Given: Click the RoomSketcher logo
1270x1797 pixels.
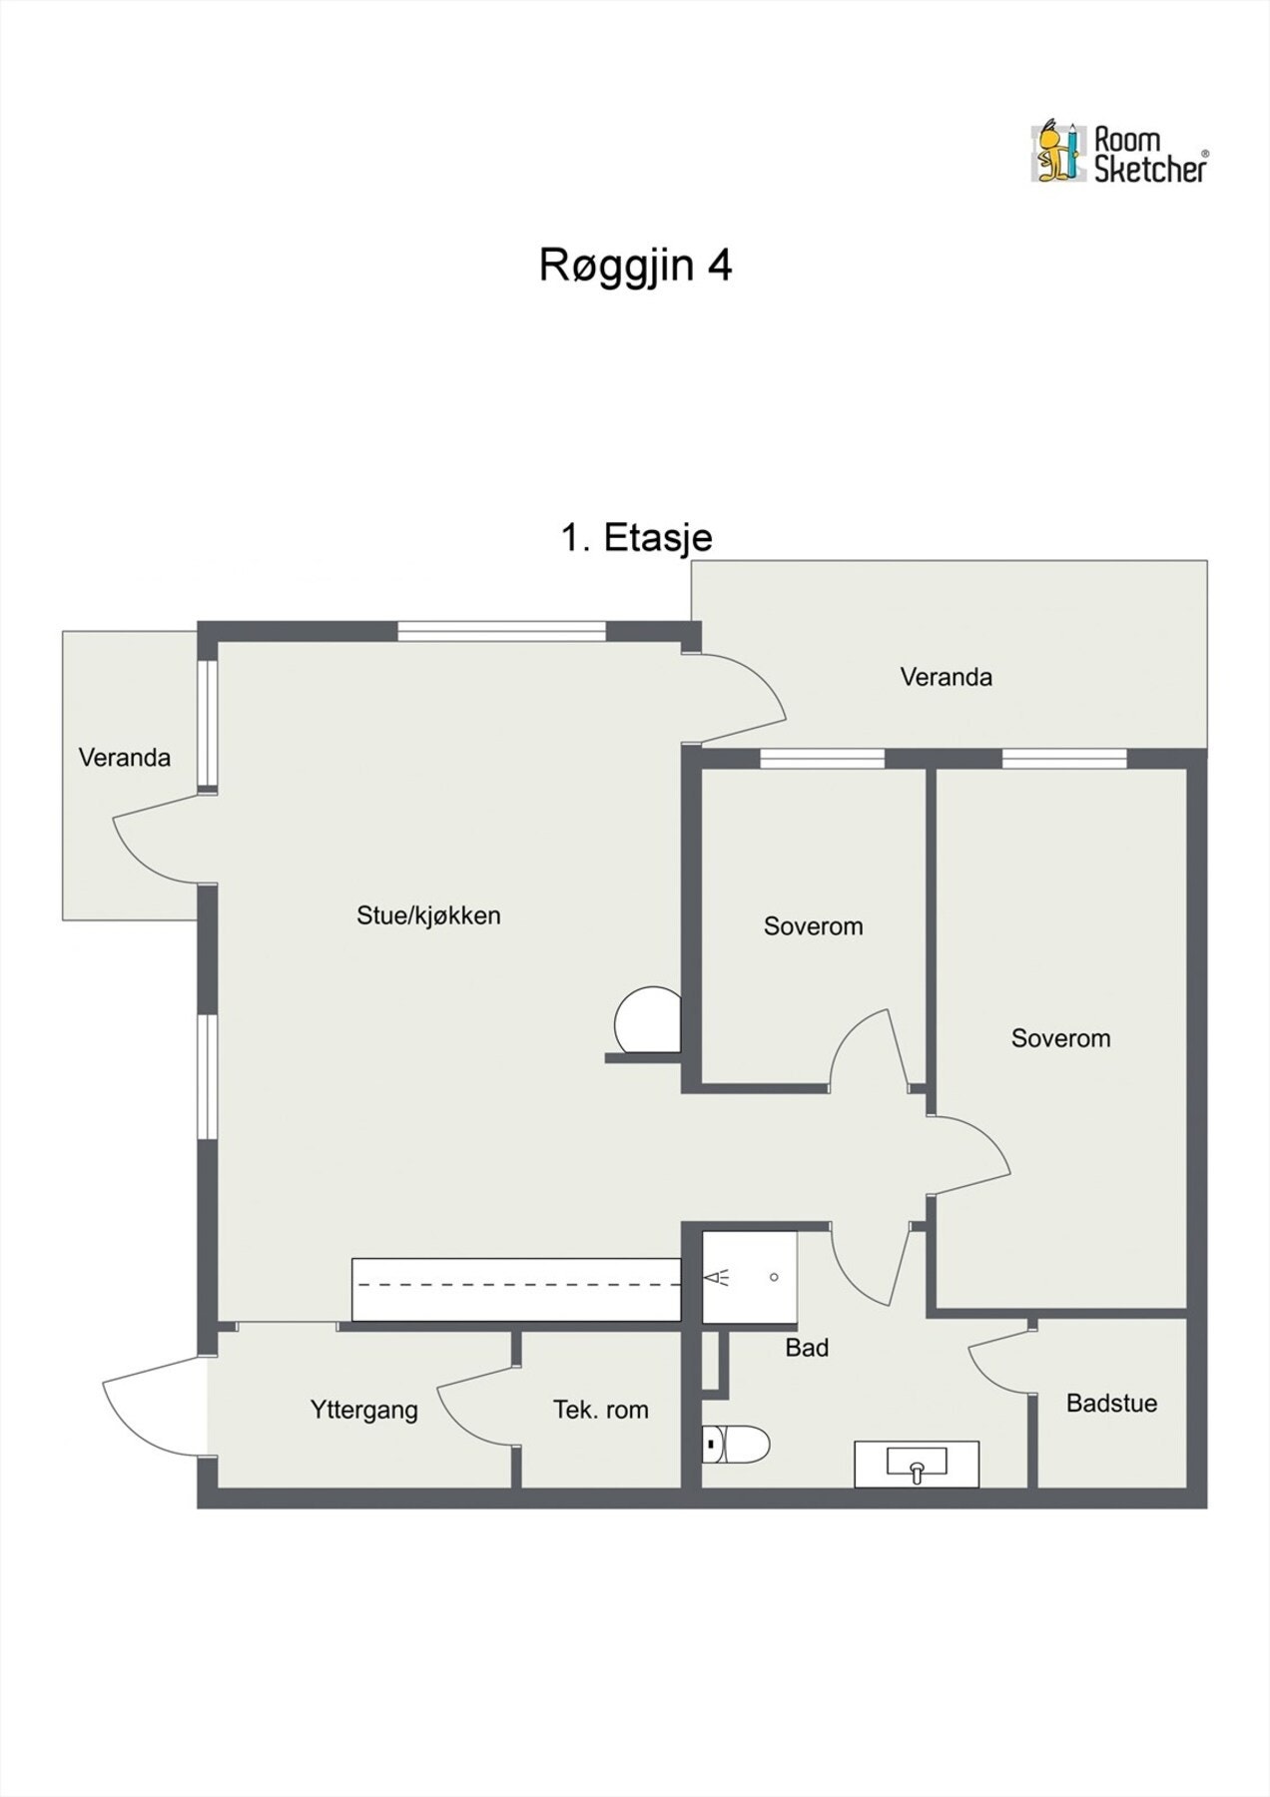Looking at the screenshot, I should tap(1118, 154).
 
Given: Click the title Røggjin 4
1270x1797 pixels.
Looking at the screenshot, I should tap(636, 266).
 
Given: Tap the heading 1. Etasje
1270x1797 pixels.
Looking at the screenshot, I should tap(636, 538).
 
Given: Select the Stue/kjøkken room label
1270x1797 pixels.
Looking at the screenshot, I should tap(428, 915).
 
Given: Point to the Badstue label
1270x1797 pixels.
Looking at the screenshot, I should tap(1111, 1403).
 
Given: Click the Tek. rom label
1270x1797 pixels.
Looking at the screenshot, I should tap(600, 1410).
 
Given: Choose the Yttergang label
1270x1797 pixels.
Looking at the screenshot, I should tap(363, 1410).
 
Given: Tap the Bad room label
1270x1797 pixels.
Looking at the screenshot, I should tap(807, 1348).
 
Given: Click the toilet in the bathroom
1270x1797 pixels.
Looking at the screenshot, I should tap(737, 1443).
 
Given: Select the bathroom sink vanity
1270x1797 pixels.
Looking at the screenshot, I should tap(917, 1465).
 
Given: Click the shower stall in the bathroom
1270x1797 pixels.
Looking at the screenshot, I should tap(750, 1278).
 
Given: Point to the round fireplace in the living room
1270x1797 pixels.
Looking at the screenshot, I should tap(646, 1020).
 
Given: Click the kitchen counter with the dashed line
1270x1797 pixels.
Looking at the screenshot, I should tap(516, 1290).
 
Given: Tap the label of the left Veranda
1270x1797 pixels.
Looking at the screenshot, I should tap(125, 758).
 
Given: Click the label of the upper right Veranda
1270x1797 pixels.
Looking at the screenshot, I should tap(946, 678).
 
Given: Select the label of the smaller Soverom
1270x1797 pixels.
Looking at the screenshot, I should tap(813, 926).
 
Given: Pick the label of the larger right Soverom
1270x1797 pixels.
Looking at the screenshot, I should tap(1060, 1038).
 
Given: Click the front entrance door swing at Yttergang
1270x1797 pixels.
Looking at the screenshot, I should tap(150, 1408).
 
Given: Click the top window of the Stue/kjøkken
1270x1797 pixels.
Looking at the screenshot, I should tap(501, 631).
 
